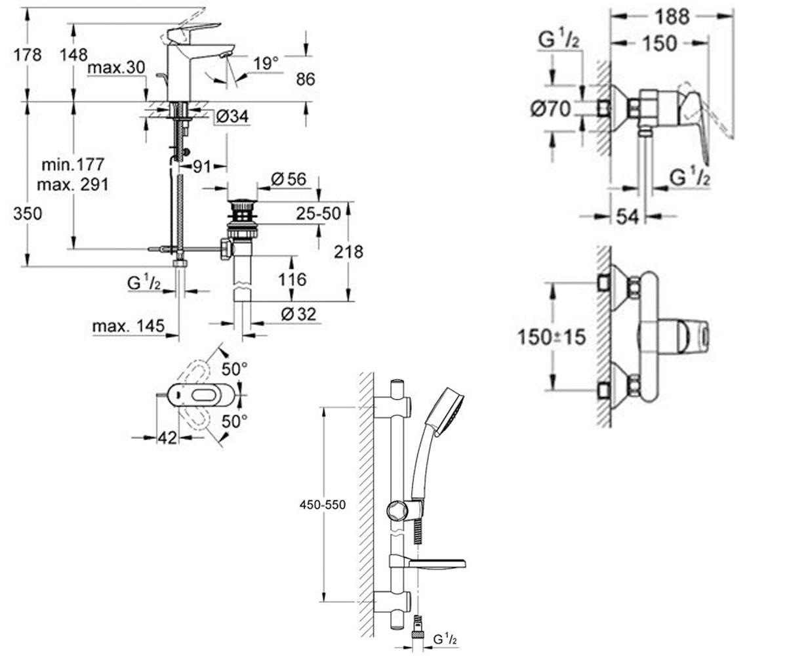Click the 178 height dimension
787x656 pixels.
[x=28, y=55]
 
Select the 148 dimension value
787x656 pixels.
[x=73, y=55]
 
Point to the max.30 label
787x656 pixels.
[x=116, y=68]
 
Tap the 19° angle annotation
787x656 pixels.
[x=266, y=64]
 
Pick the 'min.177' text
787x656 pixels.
[x=73, y=165]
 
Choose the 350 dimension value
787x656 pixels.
[x=28, y=214]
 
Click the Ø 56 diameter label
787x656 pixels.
[x=289, y=179]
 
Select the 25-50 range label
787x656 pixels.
[x=318, y=214]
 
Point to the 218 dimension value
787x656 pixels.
[x=348, y=252]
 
